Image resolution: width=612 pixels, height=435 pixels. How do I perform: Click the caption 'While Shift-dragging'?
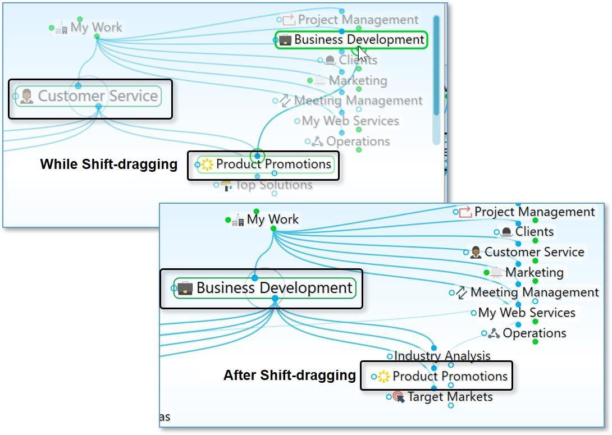click(108, 164)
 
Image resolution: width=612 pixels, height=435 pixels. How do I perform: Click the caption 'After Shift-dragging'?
click(289, 376)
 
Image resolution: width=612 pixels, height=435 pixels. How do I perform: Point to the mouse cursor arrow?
click(362, 54)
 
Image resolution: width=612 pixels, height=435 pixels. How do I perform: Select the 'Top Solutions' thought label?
click(273, 185)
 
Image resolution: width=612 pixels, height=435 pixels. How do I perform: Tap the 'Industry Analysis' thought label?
click(442, 356)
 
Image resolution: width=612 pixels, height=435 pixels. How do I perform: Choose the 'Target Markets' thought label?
click(449, 397)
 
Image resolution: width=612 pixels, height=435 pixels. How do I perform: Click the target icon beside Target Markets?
click(399, 397)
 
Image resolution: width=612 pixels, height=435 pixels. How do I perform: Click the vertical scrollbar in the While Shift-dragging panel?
click(436, 73)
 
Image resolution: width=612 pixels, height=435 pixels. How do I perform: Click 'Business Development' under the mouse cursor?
click(358, 40)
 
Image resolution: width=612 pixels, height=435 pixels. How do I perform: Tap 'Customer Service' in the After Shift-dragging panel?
click(534, 252)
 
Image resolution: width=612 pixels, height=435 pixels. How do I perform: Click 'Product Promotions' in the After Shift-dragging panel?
click(449, 376)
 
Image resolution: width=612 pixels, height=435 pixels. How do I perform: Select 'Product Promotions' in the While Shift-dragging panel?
click(273, 164)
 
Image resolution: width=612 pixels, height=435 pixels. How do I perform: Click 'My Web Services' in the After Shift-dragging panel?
click(526, 313)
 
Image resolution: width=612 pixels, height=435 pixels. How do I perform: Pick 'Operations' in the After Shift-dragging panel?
click(534, 333)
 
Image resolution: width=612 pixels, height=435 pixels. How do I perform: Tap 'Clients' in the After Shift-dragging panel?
click(534, 232)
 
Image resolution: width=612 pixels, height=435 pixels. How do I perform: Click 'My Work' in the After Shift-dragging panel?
click(272, 219)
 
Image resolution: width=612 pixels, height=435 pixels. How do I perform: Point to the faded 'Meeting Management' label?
click(358, 101)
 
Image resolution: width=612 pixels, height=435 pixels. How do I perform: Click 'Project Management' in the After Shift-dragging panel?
click(534, 212)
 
